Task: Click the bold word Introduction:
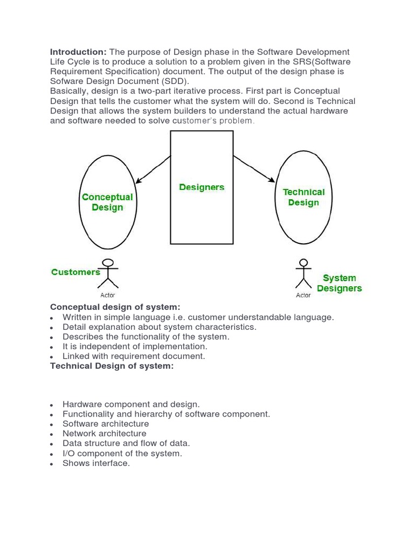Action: (78, 52)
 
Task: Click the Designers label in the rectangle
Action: (202, 187)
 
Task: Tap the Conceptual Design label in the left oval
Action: (107, 202)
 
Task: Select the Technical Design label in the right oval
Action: (303, 197)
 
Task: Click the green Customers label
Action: (75, 272)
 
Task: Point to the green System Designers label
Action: (339, 283)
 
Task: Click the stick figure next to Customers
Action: (109, 275)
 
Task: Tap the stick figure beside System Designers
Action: (303, 275)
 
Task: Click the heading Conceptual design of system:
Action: (115, 307)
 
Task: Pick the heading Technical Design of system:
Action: (112, 366)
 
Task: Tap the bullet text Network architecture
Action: (104, 434)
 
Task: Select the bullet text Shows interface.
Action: (96, 463)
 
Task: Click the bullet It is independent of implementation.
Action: (135, 347)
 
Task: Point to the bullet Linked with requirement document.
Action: (134, 356)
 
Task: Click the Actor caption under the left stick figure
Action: (108, 295)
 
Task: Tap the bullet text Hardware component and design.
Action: (131, 404)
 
